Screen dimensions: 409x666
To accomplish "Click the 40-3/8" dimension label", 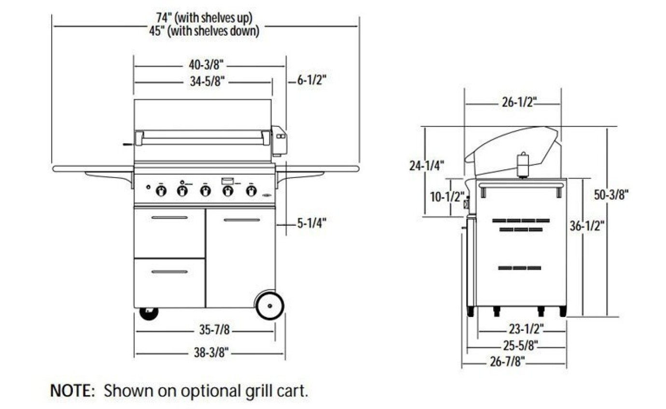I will click(x=205, y=65).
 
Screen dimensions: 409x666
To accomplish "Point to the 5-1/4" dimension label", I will click(x=311, y=223).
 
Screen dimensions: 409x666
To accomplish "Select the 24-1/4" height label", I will click(x=426, y=166).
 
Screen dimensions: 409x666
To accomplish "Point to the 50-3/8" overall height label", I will click(x=611, y=195).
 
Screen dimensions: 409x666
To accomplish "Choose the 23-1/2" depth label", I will click(x=527, y=330).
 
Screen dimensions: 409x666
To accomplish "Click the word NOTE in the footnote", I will click(x=72, y=390).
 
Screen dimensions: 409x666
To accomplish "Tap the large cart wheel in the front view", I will click(x=269, y=305).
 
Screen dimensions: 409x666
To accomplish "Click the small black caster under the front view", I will click(x=149, y=313).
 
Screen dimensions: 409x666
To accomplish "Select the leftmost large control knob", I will click(x=161, y=191).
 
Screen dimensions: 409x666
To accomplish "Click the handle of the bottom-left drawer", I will click(x=169, y=272).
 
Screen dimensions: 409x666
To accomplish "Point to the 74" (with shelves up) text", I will click(x=204, y=18).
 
